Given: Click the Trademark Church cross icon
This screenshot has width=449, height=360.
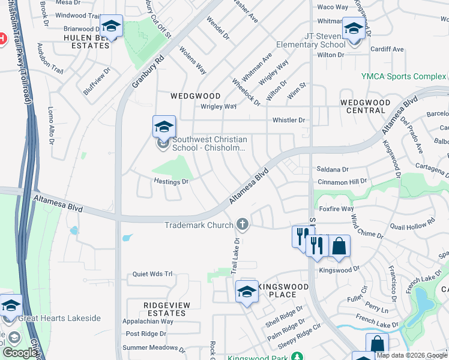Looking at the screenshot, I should click(x=243, y=224).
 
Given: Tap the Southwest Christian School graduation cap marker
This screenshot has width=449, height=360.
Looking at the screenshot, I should click(x=164, y=127).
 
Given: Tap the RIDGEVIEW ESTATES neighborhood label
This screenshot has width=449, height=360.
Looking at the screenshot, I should click(x=166, y=309).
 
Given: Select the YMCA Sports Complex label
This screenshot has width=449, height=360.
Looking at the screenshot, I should click(x=403, y=76).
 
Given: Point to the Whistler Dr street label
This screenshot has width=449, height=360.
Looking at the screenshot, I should click(x=289, y=120).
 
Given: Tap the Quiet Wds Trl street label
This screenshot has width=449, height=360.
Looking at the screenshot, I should click(x=152, y=274).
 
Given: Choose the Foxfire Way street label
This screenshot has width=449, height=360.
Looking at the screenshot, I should click(x=336, y=209).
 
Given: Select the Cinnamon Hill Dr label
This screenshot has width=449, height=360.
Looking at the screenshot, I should click(x=342, y=181).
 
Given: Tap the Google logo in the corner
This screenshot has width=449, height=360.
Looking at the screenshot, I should click(x=20, y=353).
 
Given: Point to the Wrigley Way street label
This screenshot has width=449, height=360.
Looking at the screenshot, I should click(x=218, y=106).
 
